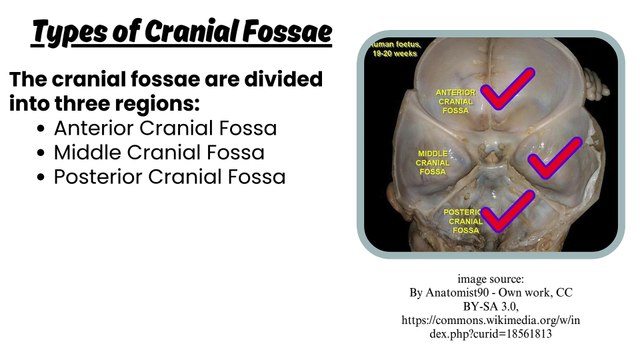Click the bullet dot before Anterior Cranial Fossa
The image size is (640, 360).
tap(40, 129)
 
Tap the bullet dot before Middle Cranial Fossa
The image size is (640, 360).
tap(40, 153)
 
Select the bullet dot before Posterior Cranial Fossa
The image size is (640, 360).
tap(40, 177)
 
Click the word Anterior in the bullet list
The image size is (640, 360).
tap(94, 128)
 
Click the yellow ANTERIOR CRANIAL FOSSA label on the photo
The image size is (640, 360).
tap(455, 101)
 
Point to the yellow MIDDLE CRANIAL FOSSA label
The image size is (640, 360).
tap(433, 162)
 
